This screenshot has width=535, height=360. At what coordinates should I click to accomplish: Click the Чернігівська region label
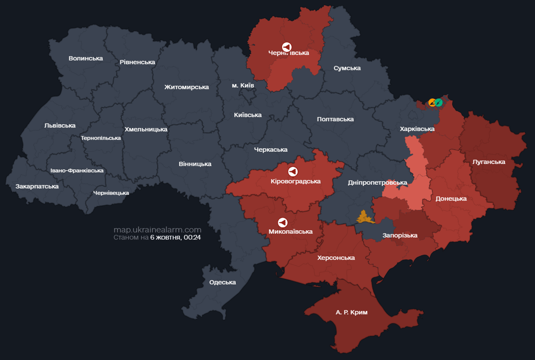289,53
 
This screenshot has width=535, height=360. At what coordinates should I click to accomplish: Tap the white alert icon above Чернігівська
287,47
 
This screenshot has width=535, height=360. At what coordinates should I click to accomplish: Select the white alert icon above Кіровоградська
293,172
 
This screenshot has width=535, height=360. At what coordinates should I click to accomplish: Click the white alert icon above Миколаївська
282,223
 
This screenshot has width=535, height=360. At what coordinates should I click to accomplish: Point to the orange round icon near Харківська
432,102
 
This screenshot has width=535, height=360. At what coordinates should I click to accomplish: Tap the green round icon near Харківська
438,102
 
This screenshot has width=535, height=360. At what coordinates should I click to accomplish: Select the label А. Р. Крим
351,312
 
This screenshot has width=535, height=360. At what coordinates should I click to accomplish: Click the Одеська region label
223,282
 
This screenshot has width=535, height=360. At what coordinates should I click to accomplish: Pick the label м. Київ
243,85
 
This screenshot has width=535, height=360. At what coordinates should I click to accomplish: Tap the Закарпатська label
37,186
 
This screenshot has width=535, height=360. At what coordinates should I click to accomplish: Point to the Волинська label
85,58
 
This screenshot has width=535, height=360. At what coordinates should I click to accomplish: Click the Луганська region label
489,162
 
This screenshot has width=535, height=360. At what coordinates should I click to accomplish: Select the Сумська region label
347,68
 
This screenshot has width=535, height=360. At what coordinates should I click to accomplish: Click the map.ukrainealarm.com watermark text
157,230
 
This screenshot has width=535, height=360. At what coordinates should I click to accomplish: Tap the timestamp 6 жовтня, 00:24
175,238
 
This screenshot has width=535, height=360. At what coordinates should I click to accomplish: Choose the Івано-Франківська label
77,171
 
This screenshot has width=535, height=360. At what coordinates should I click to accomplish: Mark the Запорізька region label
400,235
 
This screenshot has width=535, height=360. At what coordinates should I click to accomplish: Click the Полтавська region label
335,119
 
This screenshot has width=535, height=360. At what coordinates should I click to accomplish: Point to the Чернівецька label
111,193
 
